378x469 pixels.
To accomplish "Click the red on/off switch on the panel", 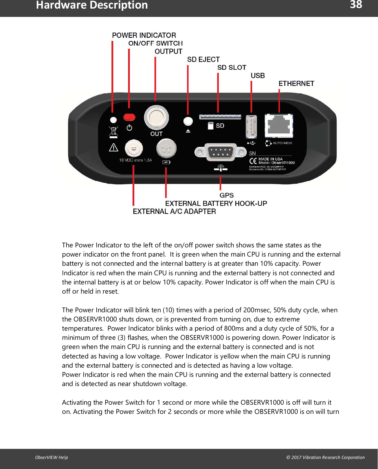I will pyautogui.click(x=129, y=117).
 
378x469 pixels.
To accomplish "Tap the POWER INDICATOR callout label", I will pyautogui.click(x=144, y=35).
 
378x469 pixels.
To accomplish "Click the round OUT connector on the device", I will pyautogui.click(x=156, y=118).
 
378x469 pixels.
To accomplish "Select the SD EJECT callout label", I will pyautogui.click(x=203, y=60).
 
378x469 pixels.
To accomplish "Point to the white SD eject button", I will pyautogui.click(x=188, y=121).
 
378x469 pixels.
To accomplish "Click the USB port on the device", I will pyautogui.click(x=251, y=127).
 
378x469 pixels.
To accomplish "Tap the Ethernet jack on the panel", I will pyautogui.click(x=279, y=126).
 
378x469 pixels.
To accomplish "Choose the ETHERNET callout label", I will pyautogui.click(x=296, y=84).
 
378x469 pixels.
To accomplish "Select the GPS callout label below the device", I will pyautogui.click(x=227, y=196).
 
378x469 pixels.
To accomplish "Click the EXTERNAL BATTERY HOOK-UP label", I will pyautogui.click(x=216, y=204).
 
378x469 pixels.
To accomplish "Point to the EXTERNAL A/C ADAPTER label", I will pyautogui.click(x=174, y=212).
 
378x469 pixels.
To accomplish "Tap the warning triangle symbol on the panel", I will pyautogui.click(x=114, y=147).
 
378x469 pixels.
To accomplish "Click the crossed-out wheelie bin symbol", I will pyautogui.click(x=114, y=132).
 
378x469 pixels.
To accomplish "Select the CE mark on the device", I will pyautogui.click(x=253, y=161).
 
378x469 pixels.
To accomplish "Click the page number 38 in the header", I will pyautogui.click(x=356, y=5).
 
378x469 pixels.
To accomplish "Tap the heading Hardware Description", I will pyautogui.click(x=92, y=5).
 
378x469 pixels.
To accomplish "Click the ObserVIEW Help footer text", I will pyautogui.click(x=52, y=457).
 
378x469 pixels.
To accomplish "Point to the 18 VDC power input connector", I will pyautogui.click(x=134, y=148).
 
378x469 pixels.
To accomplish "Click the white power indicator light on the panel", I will pyautogui.click(x=113, y=120).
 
